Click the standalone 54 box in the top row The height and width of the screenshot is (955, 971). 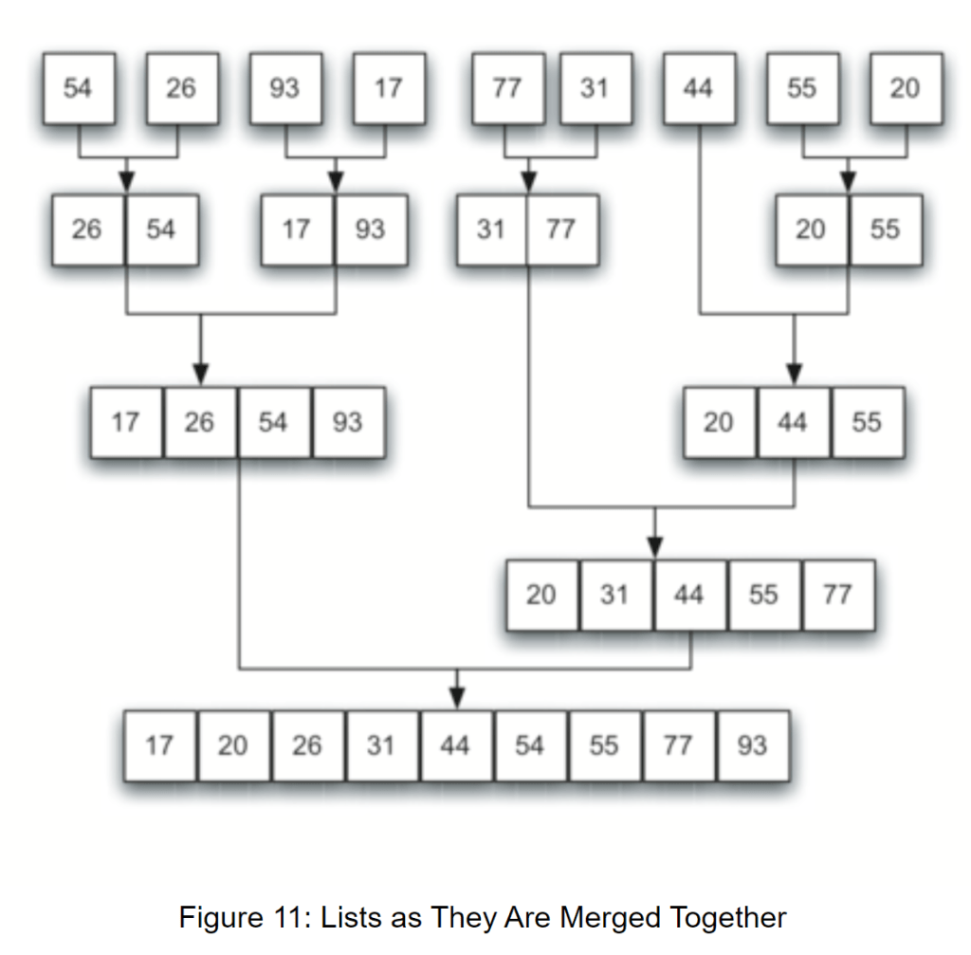(79, 88)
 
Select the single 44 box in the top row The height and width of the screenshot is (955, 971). (699, 88)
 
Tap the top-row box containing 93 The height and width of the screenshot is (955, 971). (285, 88)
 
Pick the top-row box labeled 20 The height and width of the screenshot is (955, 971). (906, 88)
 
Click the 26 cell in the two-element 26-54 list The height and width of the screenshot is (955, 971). (88, 230)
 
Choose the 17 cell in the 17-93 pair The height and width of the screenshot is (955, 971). (297, 230)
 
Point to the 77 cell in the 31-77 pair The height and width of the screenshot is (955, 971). (562, 230)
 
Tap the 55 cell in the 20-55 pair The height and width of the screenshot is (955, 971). (886, 230)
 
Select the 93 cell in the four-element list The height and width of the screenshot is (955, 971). (348, 422)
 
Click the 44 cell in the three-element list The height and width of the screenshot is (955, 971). (794, 422)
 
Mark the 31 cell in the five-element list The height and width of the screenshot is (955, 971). (615, 595)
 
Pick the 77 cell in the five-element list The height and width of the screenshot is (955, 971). (838, 595)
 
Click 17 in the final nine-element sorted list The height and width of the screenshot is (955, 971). (159, 745)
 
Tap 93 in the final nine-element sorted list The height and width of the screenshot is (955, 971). (753, 745)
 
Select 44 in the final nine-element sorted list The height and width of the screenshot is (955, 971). (456, 745)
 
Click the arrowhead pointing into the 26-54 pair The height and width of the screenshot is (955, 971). (125, 182)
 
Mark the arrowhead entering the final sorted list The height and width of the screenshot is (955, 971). (457, 699)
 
